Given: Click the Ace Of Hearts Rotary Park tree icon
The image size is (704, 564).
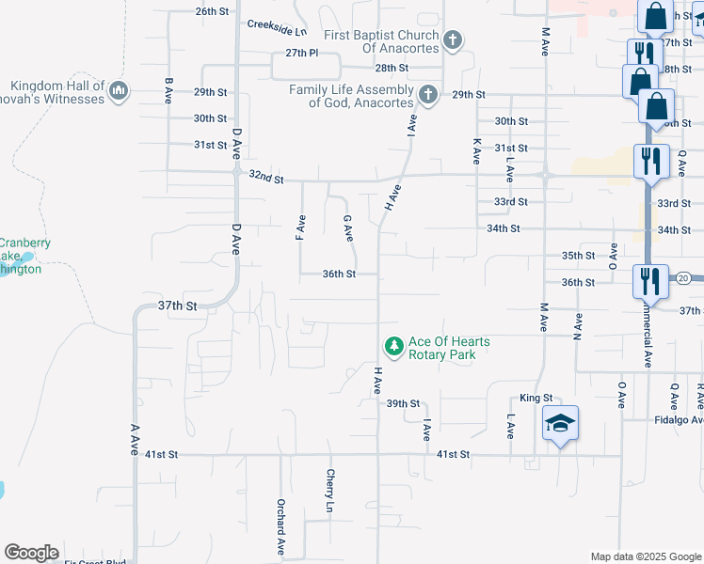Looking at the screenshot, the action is pos(393,347).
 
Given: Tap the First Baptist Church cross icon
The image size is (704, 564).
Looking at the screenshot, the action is pos(453,40).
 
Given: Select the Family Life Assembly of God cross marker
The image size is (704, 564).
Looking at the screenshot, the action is pos(428,94).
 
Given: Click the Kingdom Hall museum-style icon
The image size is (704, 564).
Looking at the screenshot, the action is pos(119,91).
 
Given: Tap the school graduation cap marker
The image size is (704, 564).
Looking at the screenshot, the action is pos(560,424).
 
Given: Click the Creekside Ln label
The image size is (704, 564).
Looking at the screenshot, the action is pos(278,26).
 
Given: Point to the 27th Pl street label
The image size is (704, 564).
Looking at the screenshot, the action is pos(302,53).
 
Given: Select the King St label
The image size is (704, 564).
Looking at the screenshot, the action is pos(536,399).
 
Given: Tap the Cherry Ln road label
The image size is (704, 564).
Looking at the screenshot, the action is pos(329,491).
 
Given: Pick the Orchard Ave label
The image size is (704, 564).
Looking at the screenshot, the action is pos(280,526).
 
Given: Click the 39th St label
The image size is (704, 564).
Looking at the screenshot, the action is pos(402,403).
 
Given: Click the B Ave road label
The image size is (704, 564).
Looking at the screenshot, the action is pos(168,90).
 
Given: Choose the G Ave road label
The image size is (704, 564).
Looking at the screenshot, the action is pos(347,227).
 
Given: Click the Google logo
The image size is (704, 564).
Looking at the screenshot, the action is pos(31,553).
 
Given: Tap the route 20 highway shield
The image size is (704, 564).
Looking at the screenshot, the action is pos(683,277).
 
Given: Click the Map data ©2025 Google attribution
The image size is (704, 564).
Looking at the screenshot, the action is pos(645,556).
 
